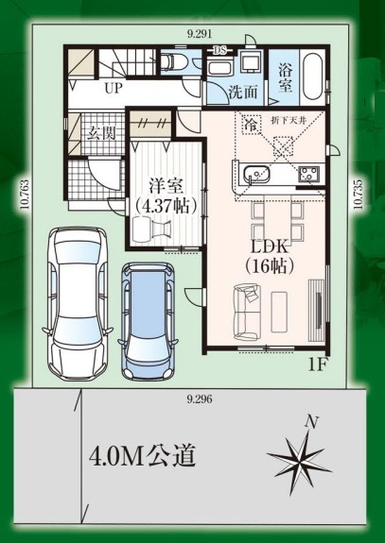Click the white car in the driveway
click(x=78, y=303)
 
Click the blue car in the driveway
click(x=149, y=321)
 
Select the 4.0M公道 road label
click(x=142, y=457)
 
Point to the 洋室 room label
click(x=166, y=187)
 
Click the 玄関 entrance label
click(x=101, y=132)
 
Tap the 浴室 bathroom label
click(x=285, y=78)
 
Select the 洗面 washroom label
click(x=243, y=93)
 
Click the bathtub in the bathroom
click(x=313, y=76)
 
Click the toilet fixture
click(x=174, y=62)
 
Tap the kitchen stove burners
click(x=309, y=174)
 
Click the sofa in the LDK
click(x=247, y=312)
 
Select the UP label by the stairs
click(x=114, y=89)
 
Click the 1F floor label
click(x=318, y=365)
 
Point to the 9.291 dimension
click(x=199, y=34)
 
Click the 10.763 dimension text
click(x=24, y=195)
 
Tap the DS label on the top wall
click(x=219, y=50)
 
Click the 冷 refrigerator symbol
click(x=251, y=125)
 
